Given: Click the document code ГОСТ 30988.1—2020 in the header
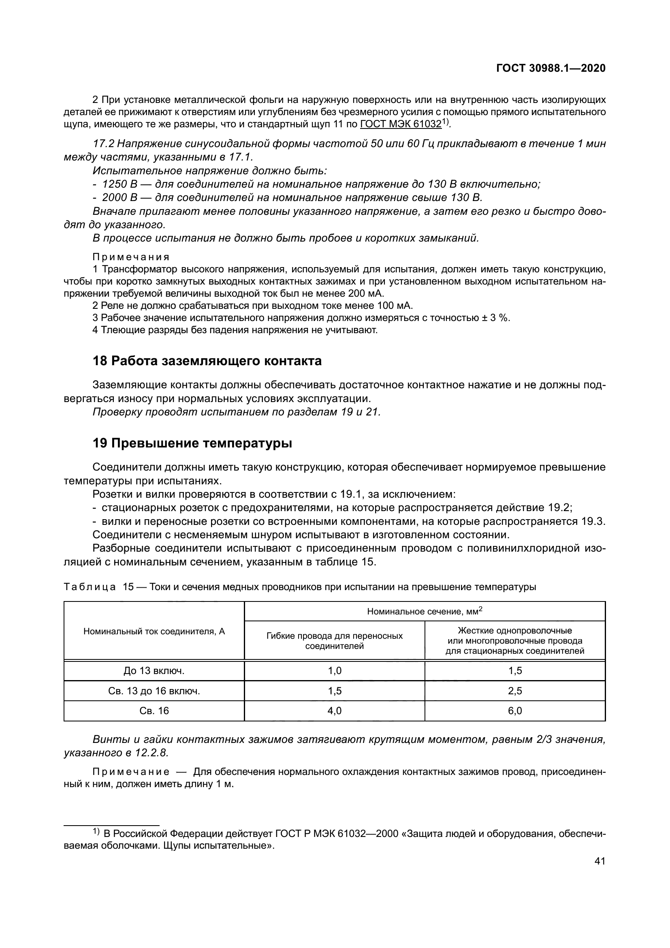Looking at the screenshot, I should (551, 68).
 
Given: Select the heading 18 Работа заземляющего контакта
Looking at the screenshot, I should (207, 361).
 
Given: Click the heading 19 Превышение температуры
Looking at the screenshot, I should (192, 443).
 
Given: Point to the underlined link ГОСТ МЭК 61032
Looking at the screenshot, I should (401, 124).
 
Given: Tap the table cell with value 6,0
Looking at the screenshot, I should (515, 710).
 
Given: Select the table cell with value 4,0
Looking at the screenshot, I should (335, 710).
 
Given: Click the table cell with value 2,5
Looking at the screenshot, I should (515, 691).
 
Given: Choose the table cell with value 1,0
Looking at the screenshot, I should (335, 671).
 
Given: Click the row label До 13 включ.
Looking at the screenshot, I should (154, 671).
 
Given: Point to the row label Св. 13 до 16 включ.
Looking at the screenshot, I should (154, 691).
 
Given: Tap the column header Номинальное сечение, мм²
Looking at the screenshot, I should (425, 612).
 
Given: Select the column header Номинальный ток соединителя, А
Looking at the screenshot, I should (154, 631).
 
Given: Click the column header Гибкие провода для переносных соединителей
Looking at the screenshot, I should (335, 641).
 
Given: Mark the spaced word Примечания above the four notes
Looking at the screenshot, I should (131, 257).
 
